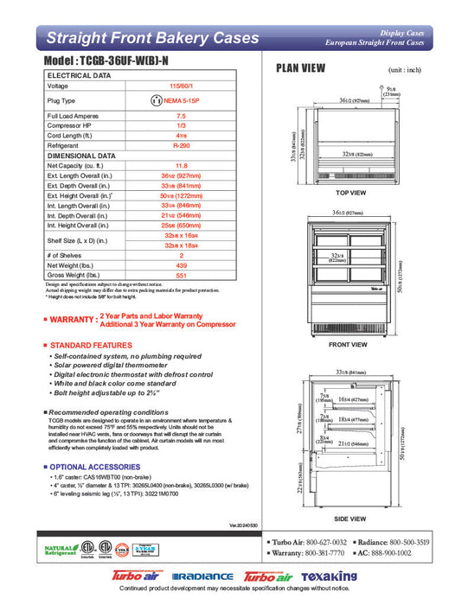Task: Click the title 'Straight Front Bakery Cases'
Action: click(x=152, y=38)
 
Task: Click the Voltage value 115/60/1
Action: click(x=181, y=86)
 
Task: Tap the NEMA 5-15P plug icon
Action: click(x=157, y=100)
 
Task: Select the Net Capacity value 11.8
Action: click(x=181, y=165)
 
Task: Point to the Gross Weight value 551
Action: click(x=181, y=274)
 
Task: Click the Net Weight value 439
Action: click(x=181, y=265)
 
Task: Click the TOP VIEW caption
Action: click(x=350, y=193)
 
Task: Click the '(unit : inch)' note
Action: click(x=404, y=68)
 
